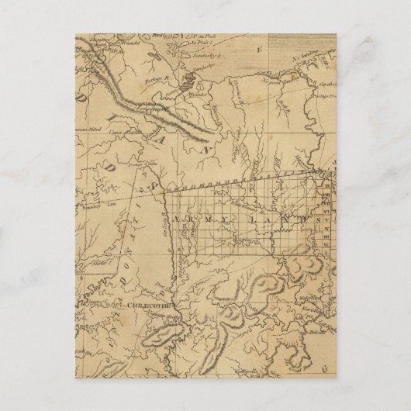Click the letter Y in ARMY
click(x=213, y=223)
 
